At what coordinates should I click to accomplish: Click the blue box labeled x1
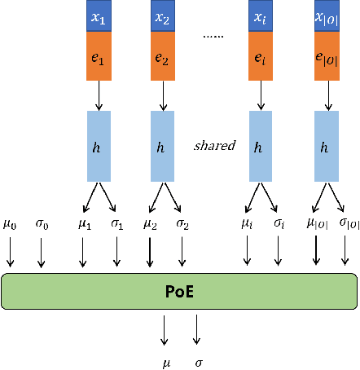(99, 16)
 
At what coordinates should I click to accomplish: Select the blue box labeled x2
(163, 16)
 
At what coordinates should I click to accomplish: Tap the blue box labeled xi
(259, 16)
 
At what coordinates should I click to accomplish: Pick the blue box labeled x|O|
(327, 16)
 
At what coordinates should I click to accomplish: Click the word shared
(214, 146)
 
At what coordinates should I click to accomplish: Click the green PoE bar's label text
(179, 292)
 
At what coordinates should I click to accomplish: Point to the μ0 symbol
(9, 221)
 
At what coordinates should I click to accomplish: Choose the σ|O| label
(349, 222)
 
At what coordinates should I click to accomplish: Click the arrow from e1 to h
(99, 100)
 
